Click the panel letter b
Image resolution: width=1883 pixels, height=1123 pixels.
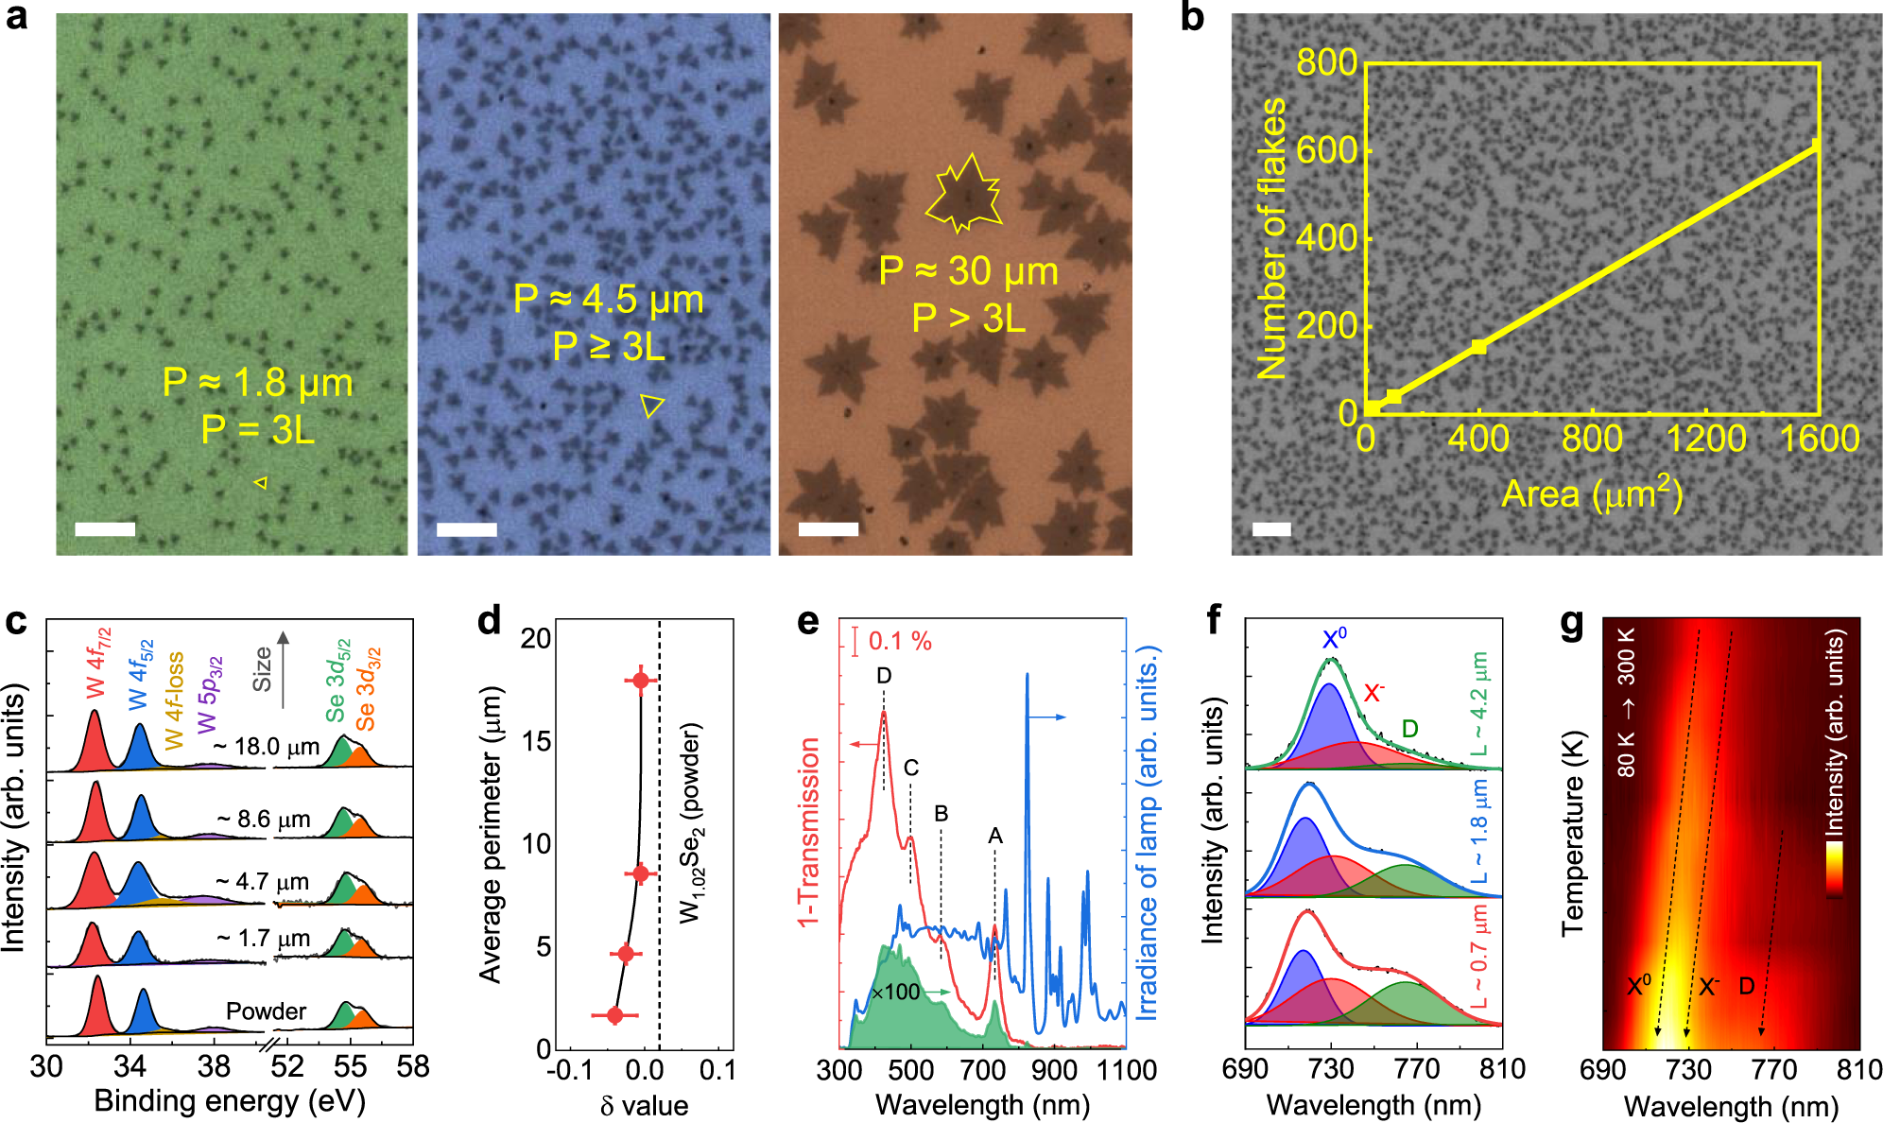click(x=1192, y=19)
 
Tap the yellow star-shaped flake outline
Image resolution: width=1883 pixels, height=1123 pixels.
click(x=963, y=195)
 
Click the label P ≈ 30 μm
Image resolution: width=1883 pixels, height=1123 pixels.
click(x=968, y=272)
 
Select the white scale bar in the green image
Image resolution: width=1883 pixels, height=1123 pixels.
click(x=105, y=529)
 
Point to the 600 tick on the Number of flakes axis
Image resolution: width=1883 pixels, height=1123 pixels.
click(x=1327, y=149)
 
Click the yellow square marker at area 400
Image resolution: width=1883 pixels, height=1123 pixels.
click(x=1479, y=347)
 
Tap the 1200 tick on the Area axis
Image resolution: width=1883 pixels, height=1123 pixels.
click(x=1705, y=440)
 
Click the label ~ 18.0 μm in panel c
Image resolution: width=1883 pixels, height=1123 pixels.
click(x=267, y=747)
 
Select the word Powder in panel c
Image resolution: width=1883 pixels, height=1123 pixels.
click(x=266, y=1011)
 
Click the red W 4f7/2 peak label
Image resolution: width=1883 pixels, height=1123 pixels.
click(x=99, y=662)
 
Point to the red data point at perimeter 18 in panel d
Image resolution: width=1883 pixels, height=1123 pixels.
click(x=641, y=681)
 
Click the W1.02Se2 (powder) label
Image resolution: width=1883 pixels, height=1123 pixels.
click(x=692, y=822)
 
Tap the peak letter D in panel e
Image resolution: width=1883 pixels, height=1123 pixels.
click(x=884, y=676)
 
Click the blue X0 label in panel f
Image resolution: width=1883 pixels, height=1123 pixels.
click(x=1334, y=638)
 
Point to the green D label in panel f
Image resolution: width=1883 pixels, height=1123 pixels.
click(x=1409, y=729)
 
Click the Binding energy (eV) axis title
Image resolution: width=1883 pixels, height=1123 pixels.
click(x=230, y=1102)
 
